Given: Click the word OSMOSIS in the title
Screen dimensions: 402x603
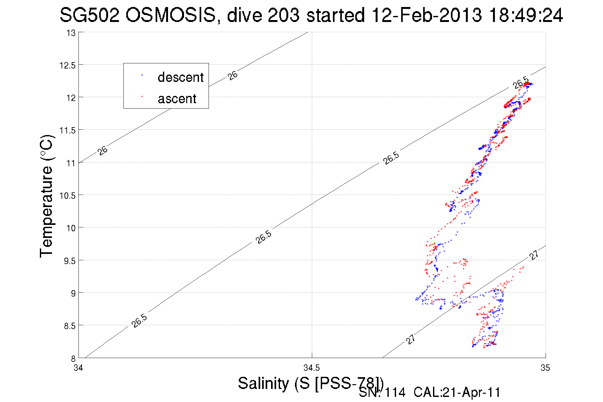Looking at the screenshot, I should [x=171, y=15].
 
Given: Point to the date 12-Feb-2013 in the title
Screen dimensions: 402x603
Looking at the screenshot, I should [x=427, y=15].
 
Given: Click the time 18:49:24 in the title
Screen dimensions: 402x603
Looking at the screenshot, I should [x=526, y=15].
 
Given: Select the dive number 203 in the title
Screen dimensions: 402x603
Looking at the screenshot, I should [x=283, y=15].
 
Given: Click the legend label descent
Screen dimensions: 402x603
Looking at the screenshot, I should [x=180, y=77].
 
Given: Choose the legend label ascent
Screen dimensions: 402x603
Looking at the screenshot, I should [x=177, y=99].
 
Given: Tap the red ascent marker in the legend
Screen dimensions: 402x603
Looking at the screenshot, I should [x=142, y=96].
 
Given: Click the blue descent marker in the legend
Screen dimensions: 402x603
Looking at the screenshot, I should [x=142, y=75].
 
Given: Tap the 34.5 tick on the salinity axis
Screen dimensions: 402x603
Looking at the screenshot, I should [x=312, y=368].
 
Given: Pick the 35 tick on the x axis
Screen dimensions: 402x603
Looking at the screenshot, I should [x=545, y=368].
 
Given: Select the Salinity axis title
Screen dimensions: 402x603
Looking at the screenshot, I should [x=311, y=383].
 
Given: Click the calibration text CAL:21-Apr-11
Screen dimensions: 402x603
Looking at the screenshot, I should [x=457, y=392].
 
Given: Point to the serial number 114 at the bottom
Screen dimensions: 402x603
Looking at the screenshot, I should [x=395, y=392].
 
